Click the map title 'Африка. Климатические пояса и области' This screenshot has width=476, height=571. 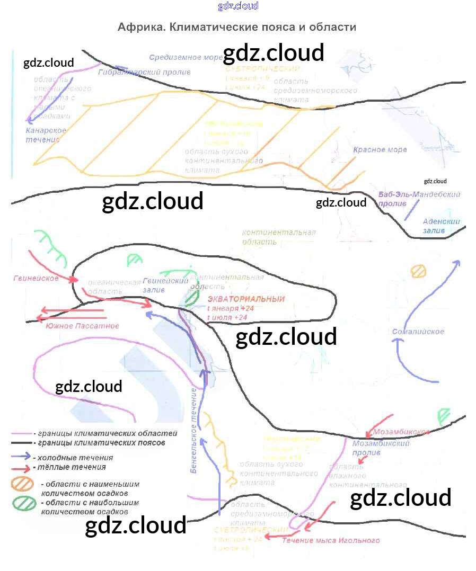pyautogui.click(x=237, y=26)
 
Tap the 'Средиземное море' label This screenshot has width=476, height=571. pyautogui.click(x=179, y=57)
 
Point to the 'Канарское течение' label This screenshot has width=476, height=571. pyautogui.click(x=46, y=135)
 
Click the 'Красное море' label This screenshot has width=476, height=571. pyautogui.click(x=380, y=150)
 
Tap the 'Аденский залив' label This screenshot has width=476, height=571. pyautogui.click(x=441, y=226)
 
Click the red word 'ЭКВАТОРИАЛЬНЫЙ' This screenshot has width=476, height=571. pyautogui.click(x=246, y=299)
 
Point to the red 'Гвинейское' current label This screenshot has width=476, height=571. pyautogui.click(x=36, y=278)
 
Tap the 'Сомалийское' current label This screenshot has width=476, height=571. pyautogui.click(x=418, y=332)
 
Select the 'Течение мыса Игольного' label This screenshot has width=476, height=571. pyautogui.click(x=330, y=541)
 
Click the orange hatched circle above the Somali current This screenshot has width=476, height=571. pyautogui.click(x=419, y=271)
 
